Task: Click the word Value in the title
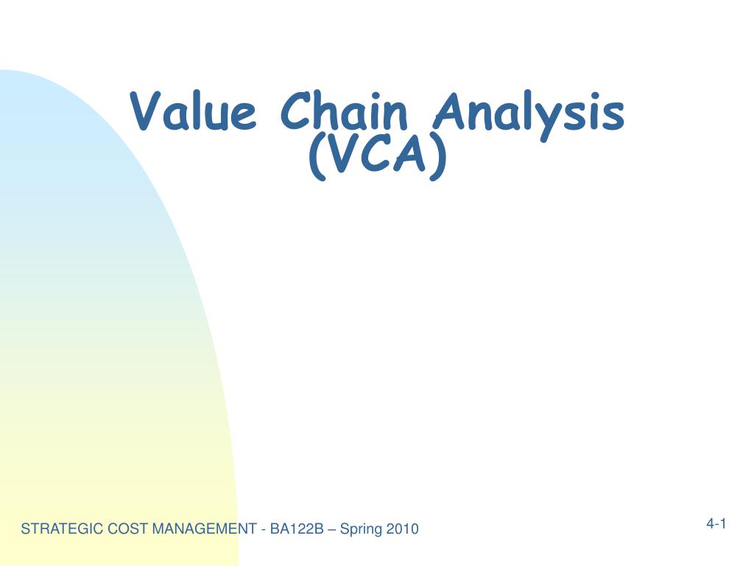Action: [x=194, y=113]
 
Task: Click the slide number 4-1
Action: [x=716, y=524]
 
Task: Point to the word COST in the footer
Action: [x=114, y=528]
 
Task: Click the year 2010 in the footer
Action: [x=404, y=528]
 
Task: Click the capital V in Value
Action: [x=147, y=113]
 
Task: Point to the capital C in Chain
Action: [x=298, y=113]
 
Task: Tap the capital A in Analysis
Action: [x=451, y=113]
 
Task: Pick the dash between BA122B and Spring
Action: [x=332, y=529]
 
